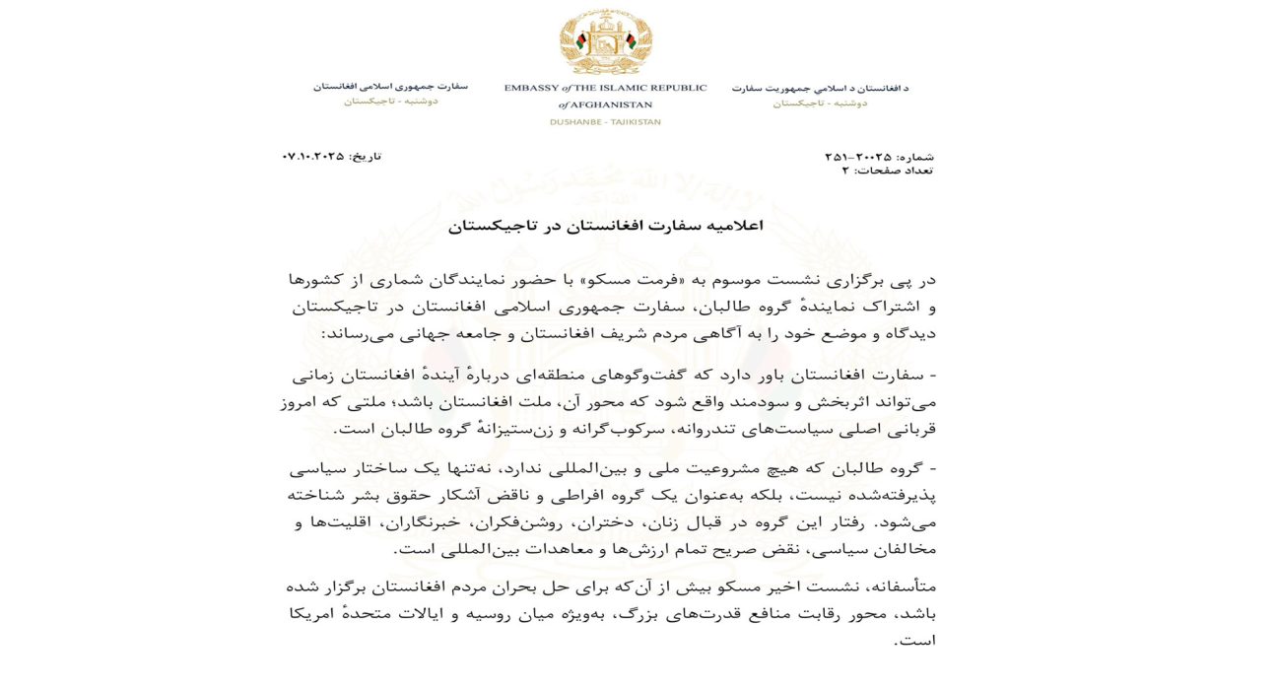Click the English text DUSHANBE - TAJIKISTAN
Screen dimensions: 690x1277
pyautogui.click(x=605, y=122)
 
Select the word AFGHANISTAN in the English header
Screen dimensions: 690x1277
pyautogui.click(x=613, y=104)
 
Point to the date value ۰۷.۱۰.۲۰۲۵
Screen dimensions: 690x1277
pyautogui.click(x=313, y=157)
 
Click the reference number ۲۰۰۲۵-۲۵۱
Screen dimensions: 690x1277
pyautogui.click(x=857, y=157)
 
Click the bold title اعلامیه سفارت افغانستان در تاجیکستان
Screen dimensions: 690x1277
pyautogui.click(x=606, y=226)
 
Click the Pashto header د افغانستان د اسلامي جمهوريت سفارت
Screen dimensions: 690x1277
pyautogui.click(x=820, y=88)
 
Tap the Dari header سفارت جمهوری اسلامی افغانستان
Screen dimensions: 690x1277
pyautogui.click(x=390, y=87)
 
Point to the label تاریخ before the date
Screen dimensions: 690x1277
pyautogui.click(x=366, y=157)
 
